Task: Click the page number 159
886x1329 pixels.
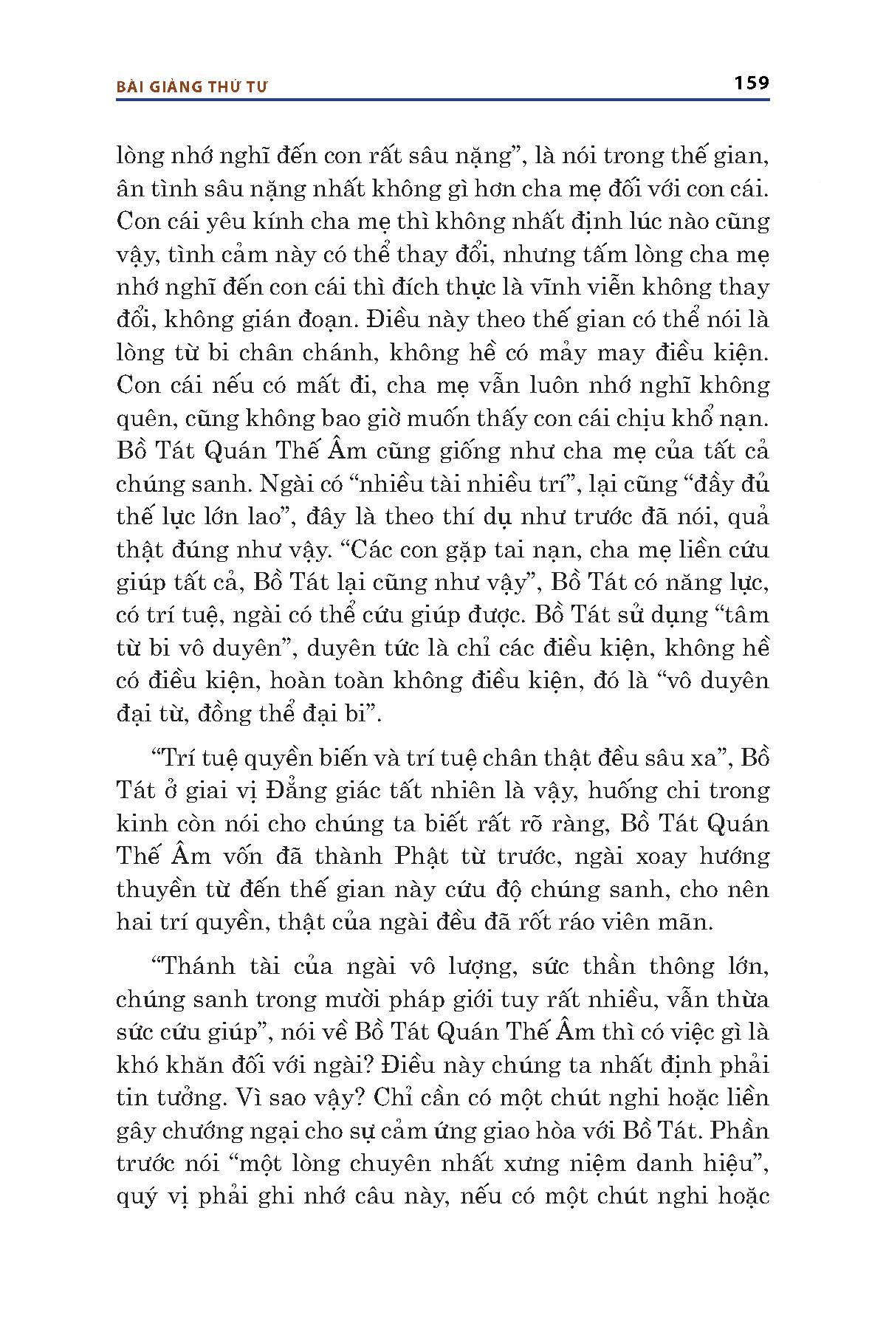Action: (x=752, y=83)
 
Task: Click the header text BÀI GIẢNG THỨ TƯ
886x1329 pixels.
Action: (x=192, y=86)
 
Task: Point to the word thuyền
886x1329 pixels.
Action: (x=152, y=890)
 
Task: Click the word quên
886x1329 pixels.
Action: (x=142, y=419)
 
